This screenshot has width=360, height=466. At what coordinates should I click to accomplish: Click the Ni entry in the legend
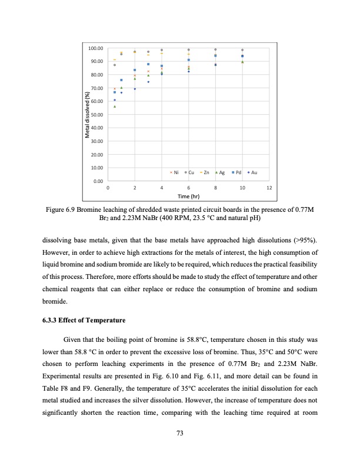pos(174,172)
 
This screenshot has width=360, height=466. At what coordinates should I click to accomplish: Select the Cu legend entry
pos(191,172)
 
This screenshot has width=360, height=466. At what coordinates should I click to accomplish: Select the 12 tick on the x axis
pos(269,188)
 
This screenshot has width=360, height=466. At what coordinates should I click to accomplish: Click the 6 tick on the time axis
pos(188,188)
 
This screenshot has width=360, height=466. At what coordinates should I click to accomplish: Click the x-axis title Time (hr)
pos(188,197)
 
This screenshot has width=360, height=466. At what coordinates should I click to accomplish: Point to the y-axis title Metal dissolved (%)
pos(86,115)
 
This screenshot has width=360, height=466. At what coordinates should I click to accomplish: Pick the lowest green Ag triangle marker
pos(115,106)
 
